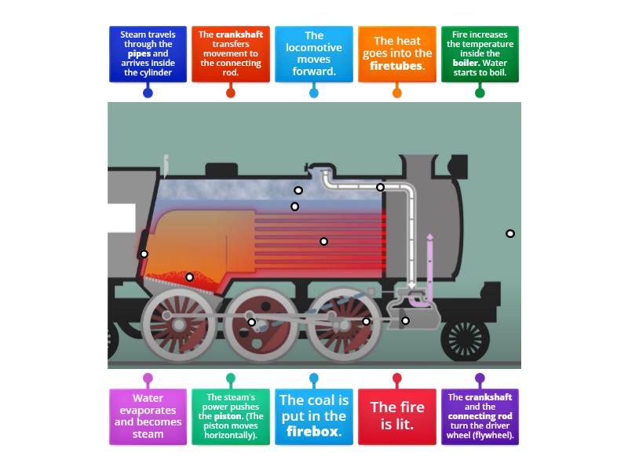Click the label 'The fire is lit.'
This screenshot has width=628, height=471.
(x=396, y=416)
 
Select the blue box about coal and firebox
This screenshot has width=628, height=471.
(x=313, y=416)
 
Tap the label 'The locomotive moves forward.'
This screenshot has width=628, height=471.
(x=313, y=53)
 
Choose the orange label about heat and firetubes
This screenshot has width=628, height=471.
(x=396, y=53)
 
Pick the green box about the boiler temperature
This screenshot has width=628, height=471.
(x=480, y=53)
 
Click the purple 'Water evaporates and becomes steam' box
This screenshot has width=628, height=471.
(x=148, y=416)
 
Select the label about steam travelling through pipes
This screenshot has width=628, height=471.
(x=148, y=53)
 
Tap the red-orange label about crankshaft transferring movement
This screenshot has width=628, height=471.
(x=230, y=53)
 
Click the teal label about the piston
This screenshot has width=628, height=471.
(x=230, y=416)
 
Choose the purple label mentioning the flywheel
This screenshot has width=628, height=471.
(x=480, y=416)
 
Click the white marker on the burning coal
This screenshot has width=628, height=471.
(x=189, y=277)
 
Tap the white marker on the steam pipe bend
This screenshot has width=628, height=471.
(x=381, y=187)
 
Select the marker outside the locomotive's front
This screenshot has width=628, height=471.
(x=510, y=233)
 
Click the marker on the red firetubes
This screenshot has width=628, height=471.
(x=323, y=241)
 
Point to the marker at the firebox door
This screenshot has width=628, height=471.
(x=144, y=254)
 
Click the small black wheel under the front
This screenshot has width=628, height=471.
(x=466, y=339)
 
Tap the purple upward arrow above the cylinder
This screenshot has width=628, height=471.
(x=429, y=237)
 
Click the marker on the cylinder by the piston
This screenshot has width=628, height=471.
(x=406, y=320)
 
